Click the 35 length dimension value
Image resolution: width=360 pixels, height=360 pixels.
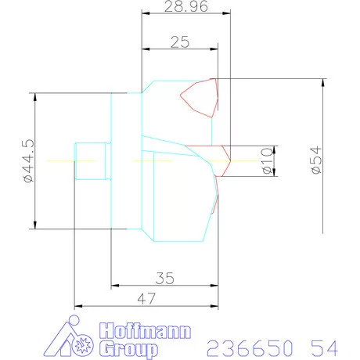[x=165, y=276]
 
